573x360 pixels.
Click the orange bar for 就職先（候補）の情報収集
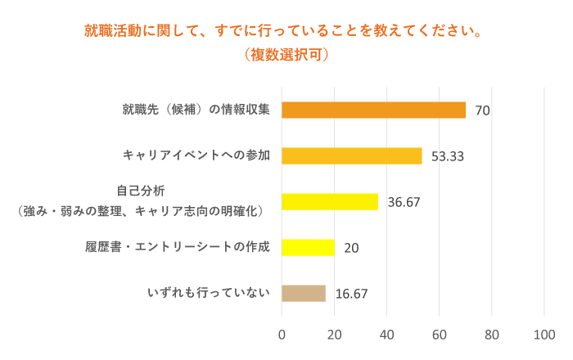pos(373,110)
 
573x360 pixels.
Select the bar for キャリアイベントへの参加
pos(351,155)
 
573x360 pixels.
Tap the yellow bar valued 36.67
pos(330,201)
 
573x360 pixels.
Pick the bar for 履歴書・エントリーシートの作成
pos(308,247)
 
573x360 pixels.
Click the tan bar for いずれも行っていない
pos(304,293)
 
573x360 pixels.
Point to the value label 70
pos(482,110)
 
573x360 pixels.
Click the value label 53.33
pos(448,156)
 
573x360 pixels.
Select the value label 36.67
pos(404,202)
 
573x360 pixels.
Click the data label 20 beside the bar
pos(351,248)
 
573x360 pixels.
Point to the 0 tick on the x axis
pos(282,334)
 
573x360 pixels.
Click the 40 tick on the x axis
pos(387,334)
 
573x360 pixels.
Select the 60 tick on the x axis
pos(440,334)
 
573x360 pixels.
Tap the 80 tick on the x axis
pos(492,334)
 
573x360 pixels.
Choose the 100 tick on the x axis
pos(544,334)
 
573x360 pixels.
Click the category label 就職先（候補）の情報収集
pos(196,109)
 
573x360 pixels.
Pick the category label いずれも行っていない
pos(208,293)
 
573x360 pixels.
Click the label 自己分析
pos(141,191)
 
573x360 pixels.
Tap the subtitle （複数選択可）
pos(286,56)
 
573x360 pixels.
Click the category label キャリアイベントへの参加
pos(196,155)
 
